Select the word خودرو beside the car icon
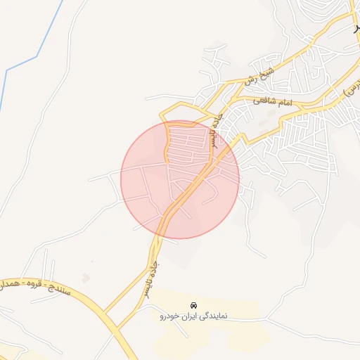pos(174,316)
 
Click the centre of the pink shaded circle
pos(180,179)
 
